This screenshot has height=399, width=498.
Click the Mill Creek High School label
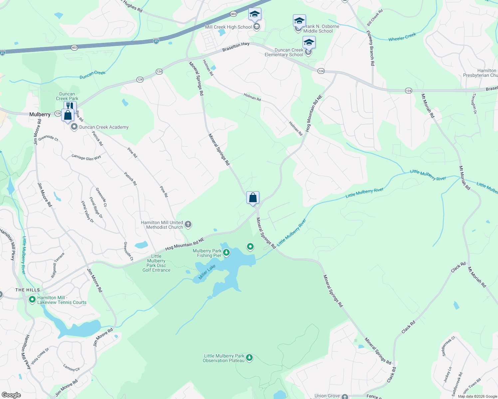pos(228,27)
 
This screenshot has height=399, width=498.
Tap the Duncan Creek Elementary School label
pos(284,53)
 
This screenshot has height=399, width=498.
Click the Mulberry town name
pos(40,114)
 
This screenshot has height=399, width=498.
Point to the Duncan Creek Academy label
pos(104,127)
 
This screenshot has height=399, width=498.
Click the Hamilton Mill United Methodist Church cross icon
pos(188,224)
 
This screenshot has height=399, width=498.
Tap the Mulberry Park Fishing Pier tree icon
pos(226,253)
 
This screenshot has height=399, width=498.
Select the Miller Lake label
pos(207,272)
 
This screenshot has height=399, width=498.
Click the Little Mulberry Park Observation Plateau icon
pos(249,358)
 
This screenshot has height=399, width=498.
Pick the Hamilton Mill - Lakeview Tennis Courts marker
pos(32,300)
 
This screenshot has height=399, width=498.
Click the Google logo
pos(11,395)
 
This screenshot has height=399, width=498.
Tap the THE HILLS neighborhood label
pos(28,290)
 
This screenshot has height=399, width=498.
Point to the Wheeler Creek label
pos(402,37)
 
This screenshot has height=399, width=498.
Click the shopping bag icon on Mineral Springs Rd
pos(253,198)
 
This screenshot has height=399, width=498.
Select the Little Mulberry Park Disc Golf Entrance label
pos(156,263)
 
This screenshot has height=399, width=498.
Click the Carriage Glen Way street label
pos(86,158)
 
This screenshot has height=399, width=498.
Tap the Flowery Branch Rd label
pos(371,48)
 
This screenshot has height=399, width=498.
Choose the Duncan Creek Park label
pos(67,96)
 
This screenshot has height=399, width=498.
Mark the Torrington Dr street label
pos(474,103)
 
